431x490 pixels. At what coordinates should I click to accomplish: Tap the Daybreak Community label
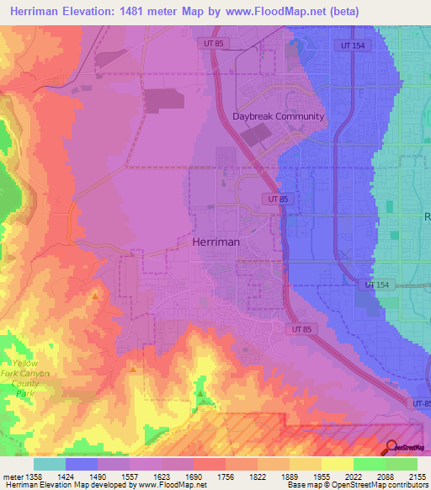[278, 116]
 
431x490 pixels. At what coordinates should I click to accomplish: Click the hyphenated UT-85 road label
[420, 405]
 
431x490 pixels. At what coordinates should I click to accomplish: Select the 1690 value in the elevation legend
[194, 476]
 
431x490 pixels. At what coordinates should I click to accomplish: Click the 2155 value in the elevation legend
[417, 476]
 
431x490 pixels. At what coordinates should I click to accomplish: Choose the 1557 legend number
[130, 476]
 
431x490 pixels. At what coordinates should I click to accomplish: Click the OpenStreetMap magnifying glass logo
[391, 448]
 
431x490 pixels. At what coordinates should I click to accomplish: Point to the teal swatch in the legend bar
[50, 464]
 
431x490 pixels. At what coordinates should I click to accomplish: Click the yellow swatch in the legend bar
[338, 464]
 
